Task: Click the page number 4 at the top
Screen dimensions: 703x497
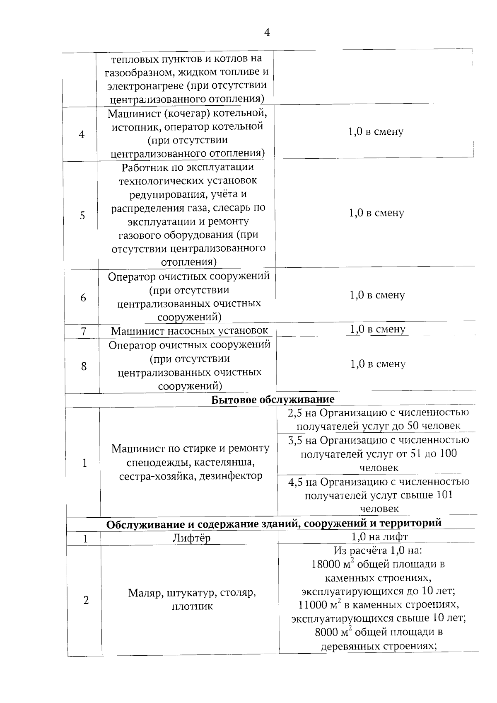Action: click(x=267, y=32)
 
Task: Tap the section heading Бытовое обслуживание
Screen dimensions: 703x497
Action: click(x=273, y=400)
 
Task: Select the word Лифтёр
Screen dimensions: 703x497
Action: click(x=191, y=538)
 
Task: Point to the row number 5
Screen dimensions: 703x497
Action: click(x=82, y=216)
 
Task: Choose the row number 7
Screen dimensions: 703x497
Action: click(x=84, y=332)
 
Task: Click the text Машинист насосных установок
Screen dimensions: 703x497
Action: click(x=189, y=331)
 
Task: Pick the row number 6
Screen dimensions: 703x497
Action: click(x=83, y=298)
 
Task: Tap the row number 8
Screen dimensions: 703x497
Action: click(x=84, y=366)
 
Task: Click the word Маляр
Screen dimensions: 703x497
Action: click(x=145, y=593)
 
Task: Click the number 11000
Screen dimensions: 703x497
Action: click(x=313, y=605)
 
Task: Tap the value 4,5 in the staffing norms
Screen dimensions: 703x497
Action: click(x=296, y=482)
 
